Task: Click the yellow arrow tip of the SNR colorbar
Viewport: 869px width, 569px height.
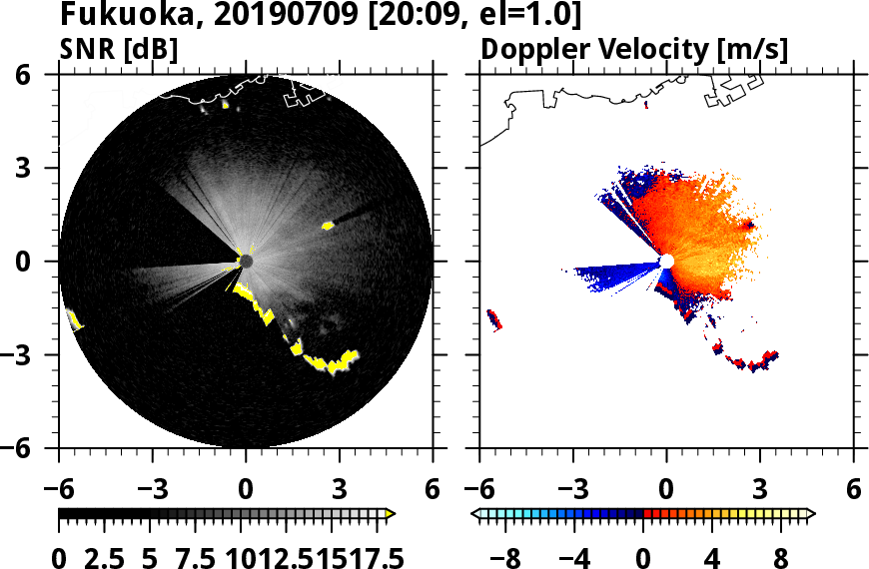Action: point(391,514)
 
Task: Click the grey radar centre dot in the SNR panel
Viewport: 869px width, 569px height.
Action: point(246,261)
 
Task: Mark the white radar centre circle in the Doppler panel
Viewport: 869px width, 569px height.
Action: point(666,261)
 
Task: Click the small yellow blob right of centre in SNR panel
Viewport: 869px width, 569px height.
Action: point(327,227)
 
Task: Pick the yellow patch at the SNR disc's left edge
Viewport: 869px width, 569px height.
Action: point(74,320)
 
